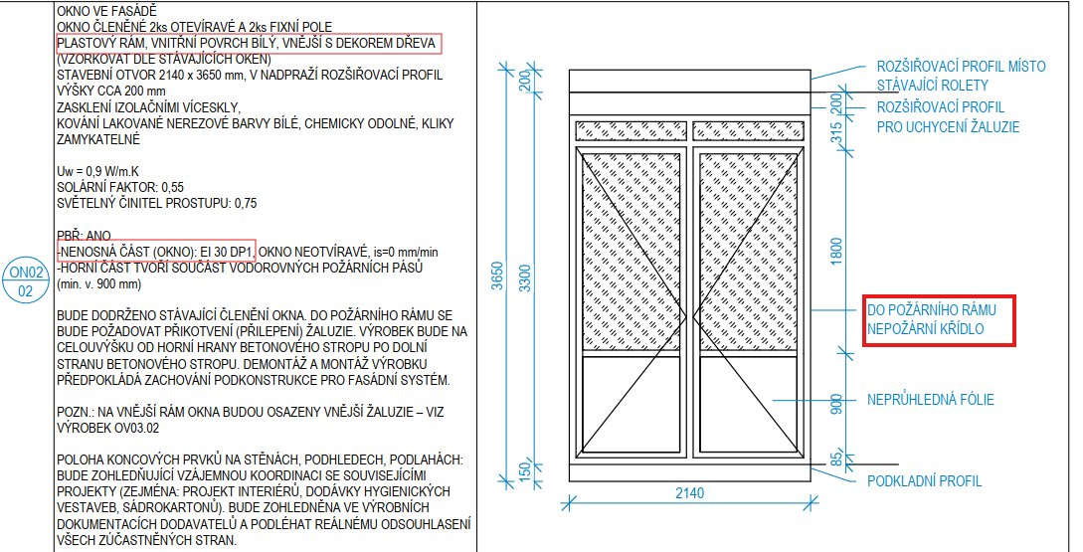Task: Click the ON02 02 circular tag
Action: tap(25, 281)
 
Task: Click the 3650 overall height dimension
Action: tap(498, 275)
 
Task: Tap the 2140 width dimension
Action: tap(689, 492)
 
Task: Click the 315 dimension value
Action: tap(837, 132)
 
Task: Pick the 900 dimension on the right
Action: tap(837, 405)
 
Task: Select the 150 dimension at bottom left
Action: tap(526, 471)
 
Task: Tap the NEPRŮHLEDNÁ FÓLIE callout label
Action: tap(931, 399)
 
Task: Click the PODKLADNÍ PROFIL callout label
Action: tap(924, 480)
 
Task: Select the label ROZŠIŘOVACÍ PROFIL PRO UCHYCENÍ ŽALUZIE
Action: tap(948, 117)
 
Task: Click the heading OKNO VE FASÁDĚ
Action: tap(107, 11)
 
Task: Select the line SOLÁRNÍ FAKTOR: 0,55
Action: tap(120, 187)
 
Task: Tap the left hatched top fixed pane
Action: tap(632, 130)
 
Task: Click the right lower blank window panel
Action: tap(748, 404)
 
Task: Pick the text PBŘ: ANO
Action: tap(84, 236)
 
